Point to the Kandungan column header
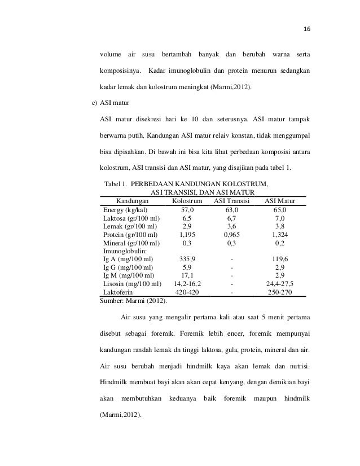[x=132, y=200]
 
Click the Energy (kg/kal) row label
[x=125, y=209]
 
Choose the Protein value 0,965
[x=231, y=235]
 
